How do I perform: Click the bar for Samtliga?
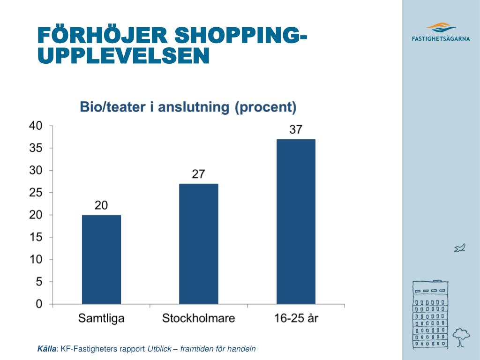point(101,259)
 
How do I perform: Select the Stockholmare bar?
point(198,244)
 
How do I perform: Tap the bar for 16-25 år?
point(296,221)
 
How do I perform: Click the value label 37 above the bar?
point(296,129)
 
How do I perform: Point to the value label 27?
point(198,174)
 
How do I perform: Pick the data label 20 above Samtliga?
point(101,205)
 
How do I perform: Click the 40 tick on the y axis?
point(36,126)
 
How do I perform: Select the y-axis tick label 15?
point(36,237)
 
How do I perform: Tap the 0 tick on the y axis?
point(39,304)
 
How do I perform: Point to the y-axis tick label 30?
point(36,170)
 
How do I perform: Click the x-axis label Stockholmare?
point(198,319)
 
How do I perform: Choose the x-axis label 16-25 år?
point(296,319)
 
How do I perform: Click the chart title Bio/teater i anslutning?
point(188,107)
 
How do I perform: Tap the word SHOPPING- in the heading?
point(238,35)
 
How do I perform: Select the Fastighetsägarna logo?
point(441,32)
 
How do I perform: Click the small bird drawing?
point(459,248)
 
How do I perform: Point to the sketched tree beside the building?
point(462,337)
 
